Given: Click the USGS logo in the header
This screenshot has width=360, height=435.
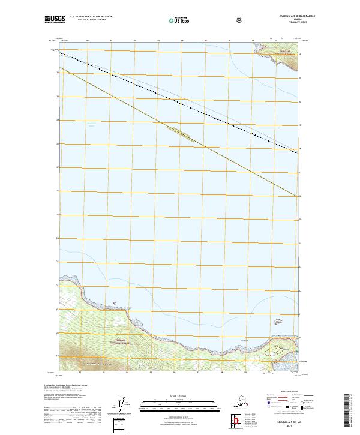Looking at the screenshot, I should [x=55, y=19].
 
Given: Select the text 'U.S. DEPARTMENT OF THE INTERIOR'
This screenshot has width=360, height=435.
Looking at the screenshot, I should [x=91, y=16].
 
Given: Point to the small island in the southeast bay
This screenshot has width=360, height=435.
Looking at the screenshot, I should [x=277, y=348].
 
